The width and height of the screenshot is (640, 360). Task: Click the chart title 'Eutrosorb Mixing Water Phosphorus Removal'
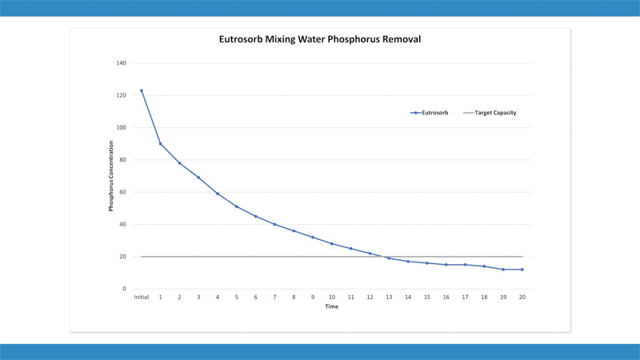click(x=319, y=38)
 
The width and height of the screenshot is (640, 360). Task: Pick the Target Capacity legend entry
click(x=494, y=113)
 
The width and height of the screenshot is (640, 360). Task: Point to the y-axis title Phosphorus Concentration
click(x=111, y=176)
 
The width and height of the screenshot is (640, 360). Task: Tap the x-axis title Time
click(x=331, y=306)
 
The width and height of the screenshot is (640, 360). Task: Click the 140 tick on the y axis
click(x=122, y=63)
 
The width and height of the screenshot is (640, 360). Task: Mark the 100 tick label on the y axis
click(x=122, y=128)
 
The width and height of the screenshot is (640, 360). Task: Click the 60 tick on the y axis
click(x=123, y=192)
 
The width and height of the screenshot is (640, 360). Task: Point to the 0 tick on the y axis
click(x=125, y=289)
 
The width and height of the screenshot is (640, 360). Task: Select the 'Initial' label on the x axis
click(x=141, y=297)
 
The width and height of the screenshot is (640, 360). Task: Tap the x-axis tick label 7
click(x=274, y=297)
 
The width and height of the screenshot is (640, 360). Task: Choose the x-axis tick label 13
click(x=389, y=297)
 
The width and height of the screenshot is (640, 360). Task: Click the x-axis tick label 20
click(x=522, y=297)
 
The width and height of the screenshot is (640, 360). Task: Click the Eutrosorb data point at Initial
click(x=142, y=90)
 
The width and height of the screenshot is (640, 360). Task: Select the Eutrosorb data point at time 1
click(x=160, y=144)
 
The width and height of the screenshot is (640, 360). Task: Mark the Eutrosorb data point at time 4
click(x=218, y=194)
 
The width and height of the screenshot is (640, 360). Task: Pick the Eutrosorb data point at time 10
click(x=332, y=244)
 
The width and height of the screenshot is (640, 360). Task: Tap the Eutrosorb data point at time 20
click(x=522, y=270)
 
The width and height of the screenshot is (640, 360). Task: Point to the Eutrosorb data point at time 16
click(x=446, y=265)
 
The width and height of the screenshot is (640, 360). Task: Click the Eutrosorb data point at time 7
click(x=274, y=225)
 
